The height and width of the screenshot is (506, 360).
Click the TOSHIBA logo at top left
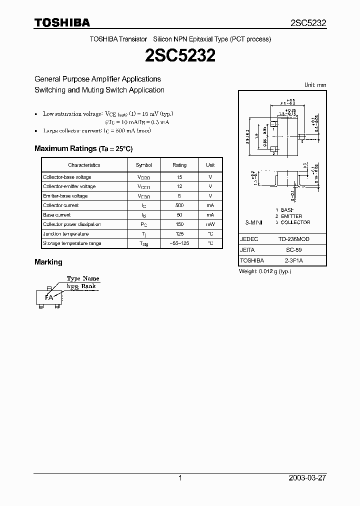(x=62, y=22)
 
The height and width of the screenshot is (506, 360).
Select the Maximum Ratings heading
(x=83, y=148)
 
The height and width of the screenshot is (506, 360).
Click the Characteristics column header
(x=84, y=165)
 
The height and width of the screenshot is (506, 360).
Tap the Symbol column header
(x=143, y=165)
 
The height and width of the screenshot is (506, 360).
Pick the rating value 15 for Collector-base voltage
(x=179, y=177)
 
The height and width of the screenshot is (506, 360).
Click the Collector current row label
(x=61, y=205)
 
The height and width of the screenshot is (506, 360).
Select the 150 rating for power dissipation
(x=179, y=224)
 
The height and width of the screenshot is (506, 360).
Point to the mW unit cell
(x=210, y=224)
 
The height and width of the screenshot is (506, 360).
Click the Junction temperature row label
(x=66, y=234)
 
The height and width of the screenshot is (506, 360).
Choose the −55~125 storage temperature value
(x=179, y=243)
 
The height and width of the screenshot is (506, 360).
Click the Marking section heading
(x=48, y=262)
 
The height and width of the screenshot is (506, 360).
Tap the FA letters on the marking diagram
(x=49, y=297)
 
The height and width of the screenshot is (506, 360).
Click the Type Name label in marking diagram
(x=83, y=278)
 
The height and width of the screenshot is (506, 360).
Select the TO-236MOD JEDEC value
(x=294, y=239)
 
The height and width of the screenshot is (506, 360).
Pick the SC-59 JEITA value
(x=294, y=249)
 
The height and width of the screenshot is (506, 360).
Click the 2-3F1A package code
(x=294, y=260)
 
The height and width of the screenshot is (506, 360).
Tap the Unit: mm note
(x=315, y=85)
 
